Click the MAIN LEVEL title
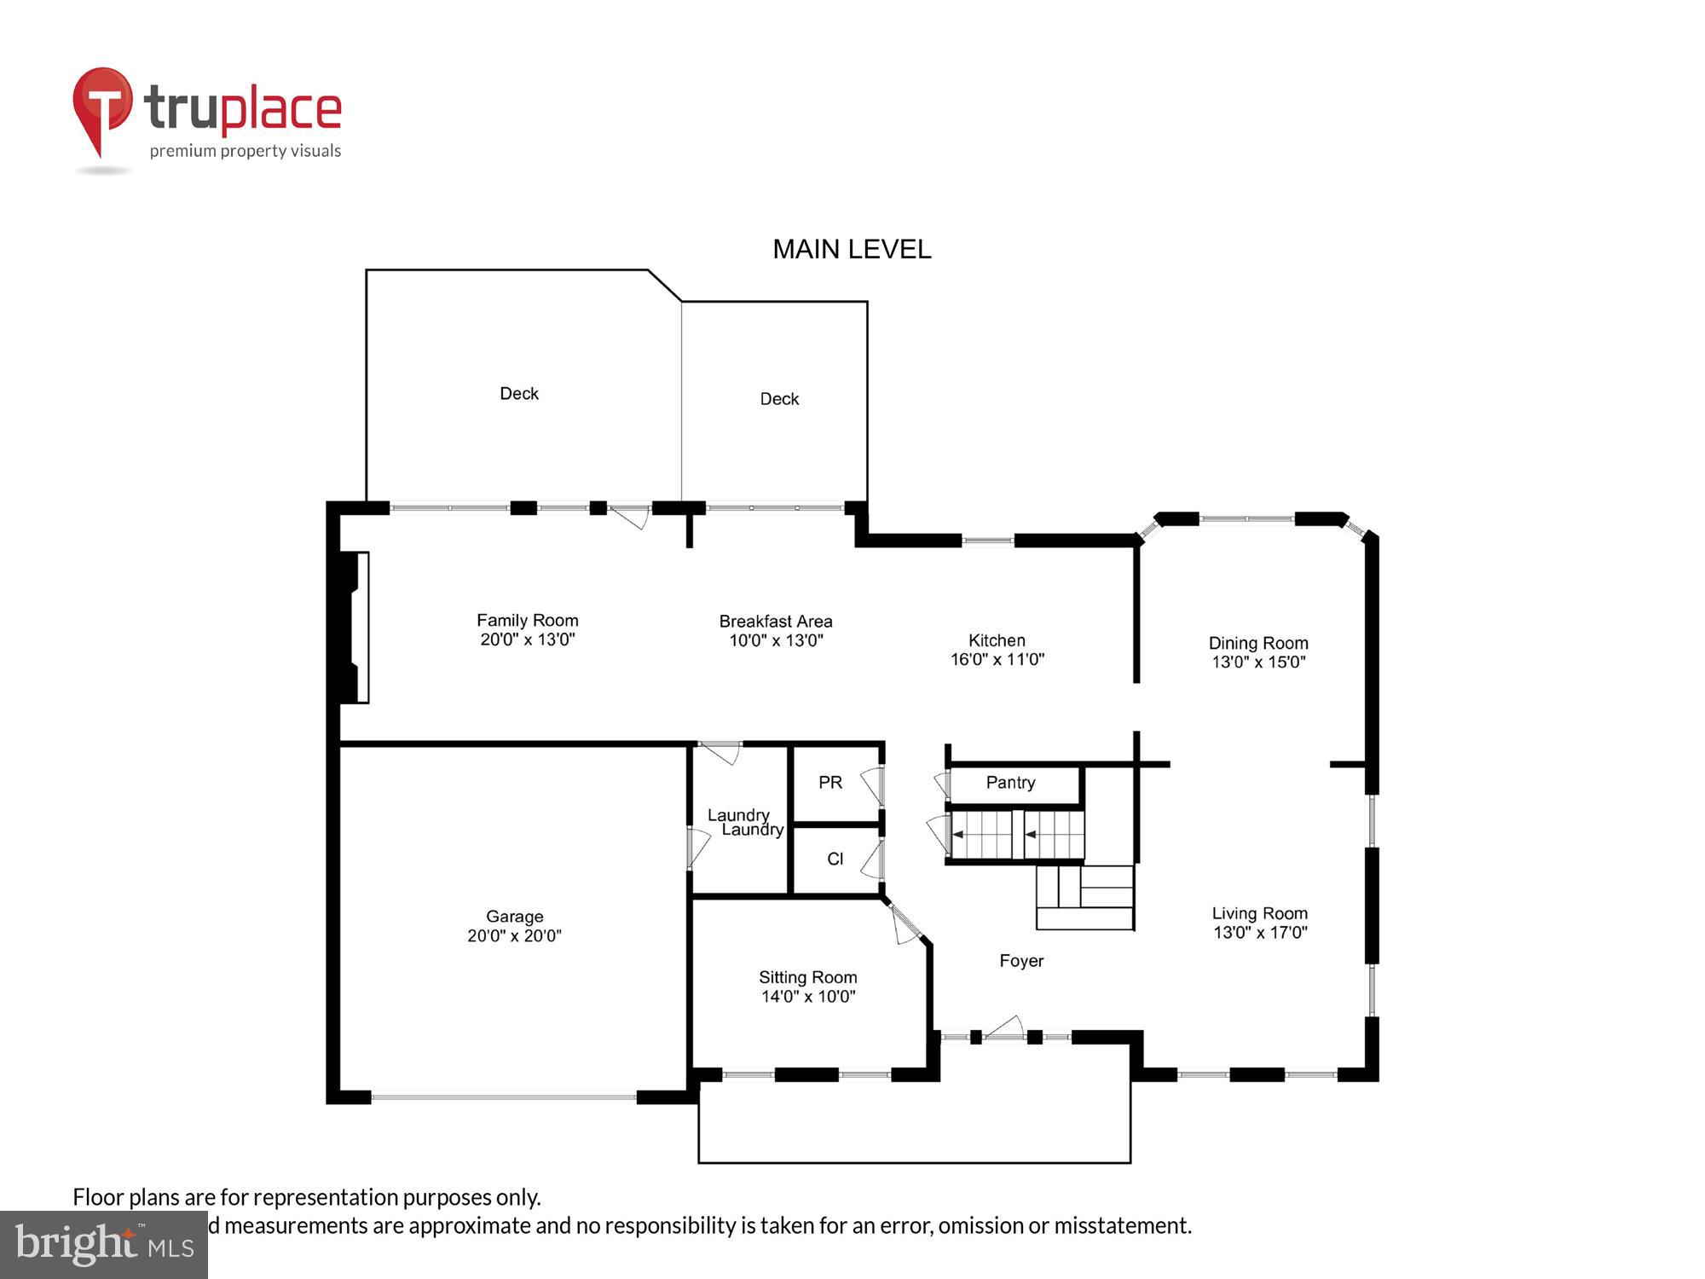(x=852, y=249)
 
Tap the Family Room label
(x=527, y=620)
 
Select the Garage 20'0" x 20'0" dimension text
(x=514, y=935)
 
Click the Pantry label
(x=1010, y=782)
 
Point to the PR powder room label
(x=829, y=782)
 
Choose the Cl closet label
(x=835, y=859)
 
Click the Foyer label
(x=1021, y=960)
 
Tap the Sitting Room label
(x=807, y=977)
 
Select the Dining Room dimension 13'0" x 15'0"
(x=1258, y=662)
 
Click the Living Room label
(x=1259, y=913)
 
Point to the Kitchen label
(x=997, y=639)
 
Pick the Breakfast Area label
(x=775, y=621)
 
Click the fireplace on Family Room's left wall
(x=355, y=628)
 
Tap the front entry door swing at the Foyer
(x=1005, y=1027)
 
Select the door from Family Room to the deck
(x=632, y=515)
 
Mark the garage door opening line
(x=504, y=1097)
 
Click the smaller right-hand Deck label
(x=779, y=398)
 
